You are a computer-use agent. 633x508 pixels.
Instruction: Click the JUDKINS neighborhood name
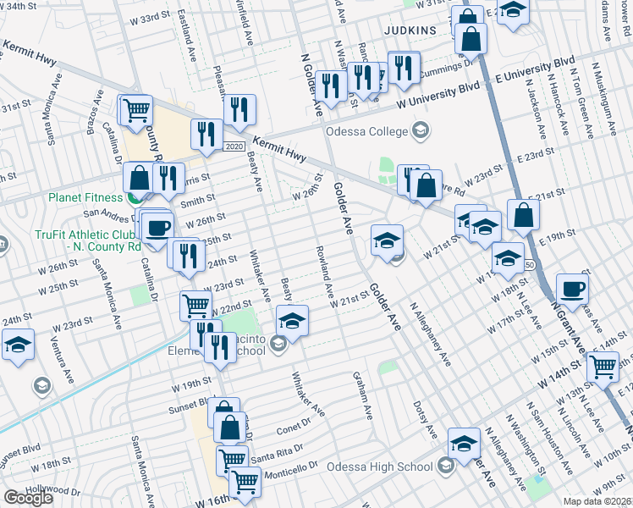410,30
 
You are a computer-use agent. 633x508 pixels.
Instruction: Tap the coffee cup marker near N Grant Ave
573,288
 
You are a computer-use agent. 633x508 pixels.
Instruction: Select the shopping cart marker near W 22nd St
195,305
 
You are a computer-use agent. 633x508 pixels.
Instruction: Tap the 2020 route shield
234,147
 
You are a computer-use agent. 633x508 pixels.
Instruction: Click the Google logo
29,498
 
